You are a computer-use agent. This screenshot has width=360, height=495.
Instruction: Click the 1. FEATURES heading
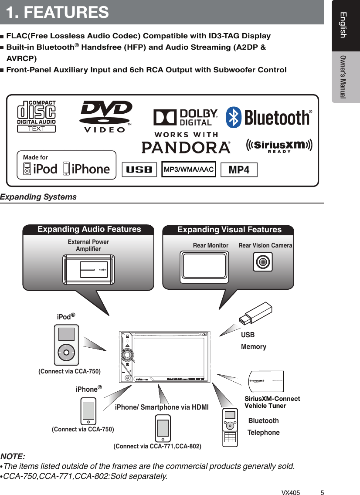pyautogui.click(x=58, y=12)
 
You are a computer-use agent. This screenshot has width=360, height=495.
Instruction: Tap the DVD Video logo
pyautogui.click(x=106, y=116)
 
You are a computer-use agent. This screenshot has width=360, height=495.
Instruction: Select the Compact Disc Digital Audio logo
pyautogui.click(x=37, y=116)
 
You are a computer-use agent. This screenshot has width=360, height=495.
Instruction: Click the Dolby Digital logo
pyautogui.click(x=185, y=117)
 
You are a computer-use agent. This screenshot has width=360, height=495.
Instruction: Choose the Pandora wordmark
pyautogui.click(x=186, y=147)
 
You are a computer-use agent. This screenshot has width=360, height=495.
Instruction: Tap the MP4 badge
pyautogui.click(x=239, y=170)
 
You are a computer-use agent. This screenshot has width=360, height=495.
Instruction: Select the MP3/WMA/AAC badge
pyautogui.click(x=189, y=170)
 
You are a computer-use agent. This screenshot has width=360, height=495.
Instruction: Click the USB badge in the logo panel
pyautogui.click(x=139, y=170)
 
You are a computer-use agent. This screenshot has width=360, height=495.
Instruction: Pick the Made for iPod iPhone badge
pyautogui.click(x=67, y=165)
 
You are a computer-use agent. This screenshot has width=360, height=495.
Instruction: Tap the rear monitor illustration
pyautogui.click(x=204, y=268)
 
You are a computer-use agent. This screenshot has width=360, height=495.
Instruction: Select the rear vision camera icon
pyautogui.click(x=263, y=262)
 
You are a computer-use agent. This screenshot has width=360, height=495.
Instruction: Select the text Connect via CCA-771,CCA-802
pyautogui.click(x=157, y=446)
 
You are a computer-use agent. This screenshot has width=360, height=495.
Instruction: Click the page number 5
pyautogui.click(x=322, y=481)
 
